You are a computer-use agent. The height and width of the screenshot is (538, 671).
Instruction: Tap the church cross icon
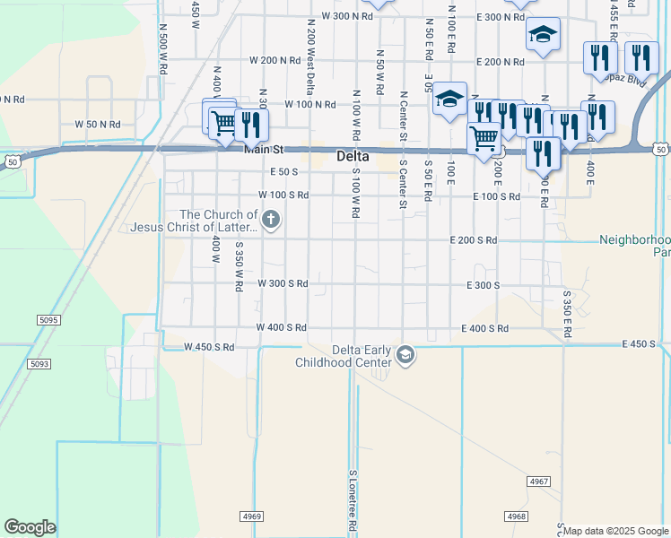[x=272, y=219]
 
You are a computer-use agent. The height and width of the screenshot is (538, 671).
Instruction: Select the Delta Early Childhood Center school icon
[x=405, y=355]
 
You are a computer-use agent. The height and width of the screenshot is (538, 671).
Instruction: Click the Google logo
[x=30, y=527]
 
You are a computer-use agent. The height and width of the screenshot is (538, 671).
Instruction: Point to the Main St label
[x=264, y=150]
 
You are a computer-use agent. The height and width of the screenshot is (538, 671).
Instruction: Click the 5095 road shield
[x=48, y=319]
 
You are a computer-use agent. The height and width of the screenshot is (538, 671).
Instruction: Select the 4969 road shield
[x=252, y=516]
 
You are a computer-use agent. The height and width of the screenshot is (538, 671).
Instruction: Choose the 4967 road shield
[x=539, y=482]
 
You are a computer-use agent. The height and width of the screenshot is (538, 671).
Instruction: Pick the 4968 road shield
[x=516, y=516]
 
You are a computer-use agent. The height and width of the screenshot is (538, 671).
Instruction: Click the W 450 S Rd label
[x=209, y=347]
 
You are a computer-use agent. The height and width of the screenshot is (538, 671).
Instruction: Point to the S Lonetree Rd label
[x=353, y=499]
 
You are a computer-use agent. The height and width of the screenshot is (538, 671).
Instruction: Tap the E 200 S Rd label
[x=474, y=240]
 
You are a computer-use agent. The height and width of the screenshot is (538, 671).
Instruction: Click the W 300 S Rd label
[x=283, y=283]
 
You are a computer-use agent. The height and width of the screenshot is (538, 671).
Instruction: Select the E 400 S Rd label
[x=485, y=329]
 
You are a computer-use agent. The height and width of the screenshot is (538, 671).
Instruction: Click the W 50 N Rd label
[x=98, y=124]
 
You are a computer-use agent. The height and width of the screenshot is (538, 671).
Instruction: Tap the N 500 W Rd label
[x=163, y=48]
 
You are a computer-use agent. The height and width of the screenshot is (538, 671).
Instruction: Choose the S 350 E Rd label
[x=568, y=314]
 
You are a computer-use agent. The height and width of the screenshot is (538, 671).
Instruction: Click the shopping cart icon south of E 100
[x=484, y=139]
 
